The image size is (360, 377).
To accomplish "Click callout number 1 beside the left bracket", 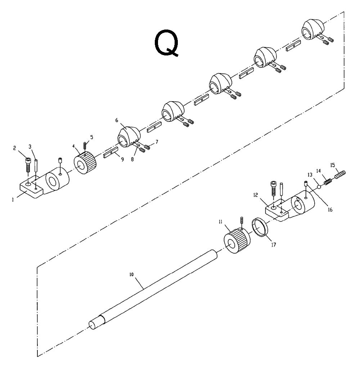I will pos(13,199).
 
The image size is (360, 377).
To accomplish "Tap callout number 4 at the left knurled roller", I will pos(74,147).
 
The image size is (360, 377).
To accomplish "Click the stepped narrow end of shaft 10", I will pos(94,324).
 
